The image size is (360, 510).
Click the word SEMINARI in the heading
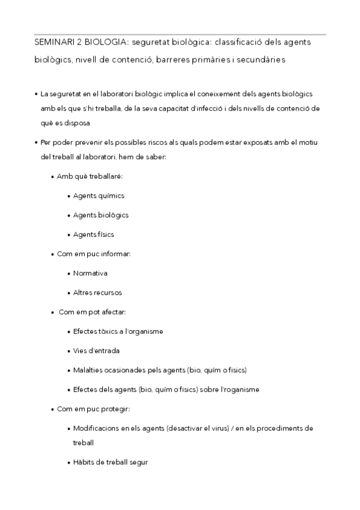point(53,43)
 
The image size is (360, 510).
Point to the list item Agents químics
point(99,195)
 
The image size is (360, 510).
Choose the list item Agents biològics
point(100,215)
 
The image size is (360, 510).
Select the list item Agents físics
point(93,234)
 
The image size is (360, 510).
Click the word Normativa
point(90,273)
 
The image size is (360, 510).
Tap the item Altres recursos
point(97,292)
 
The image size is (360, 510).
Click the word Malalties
point(88,370)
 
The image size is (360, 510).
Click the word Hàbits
point(84,462)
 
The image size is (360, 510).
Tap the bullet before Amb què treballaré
point(53,176)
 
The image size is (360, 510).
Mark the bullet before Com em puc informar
point(53,254)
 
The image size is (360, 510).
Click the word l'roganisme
point(239,389)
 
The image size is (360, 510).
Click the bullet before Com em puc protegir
point(53,409)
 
